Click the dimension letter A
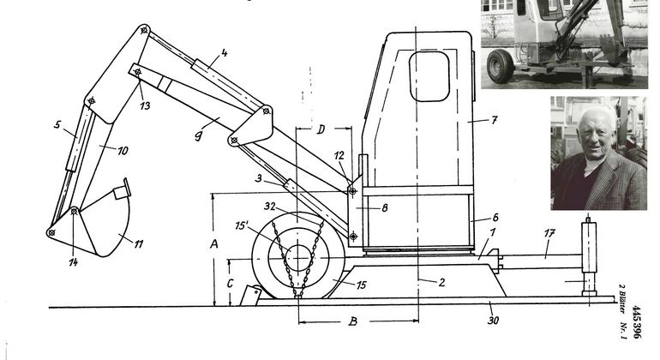[213, 243]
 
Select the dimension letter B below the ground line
[353, 321]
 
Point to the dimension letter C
[230, 284]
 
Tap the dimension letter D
[321, 129]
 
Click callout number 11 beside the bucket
[139, 243]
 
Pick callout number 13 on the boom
[145, 105]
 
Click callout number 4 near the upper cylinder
[224, 53]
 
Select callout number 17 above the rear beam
[549, 233]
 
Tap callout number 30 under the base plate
[493, 321]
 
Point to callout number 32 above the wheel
[270, 207]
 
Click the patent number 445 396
[636, 322]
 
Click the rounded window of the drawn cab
[429, 76]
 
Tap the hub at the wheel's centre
[298, 258]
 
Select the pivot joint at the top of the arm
[144, 30]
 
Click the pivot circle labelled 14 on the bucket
[74, 212]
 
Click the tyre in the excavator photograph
[500, 66]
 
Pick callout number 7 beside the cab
[495, 120]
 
